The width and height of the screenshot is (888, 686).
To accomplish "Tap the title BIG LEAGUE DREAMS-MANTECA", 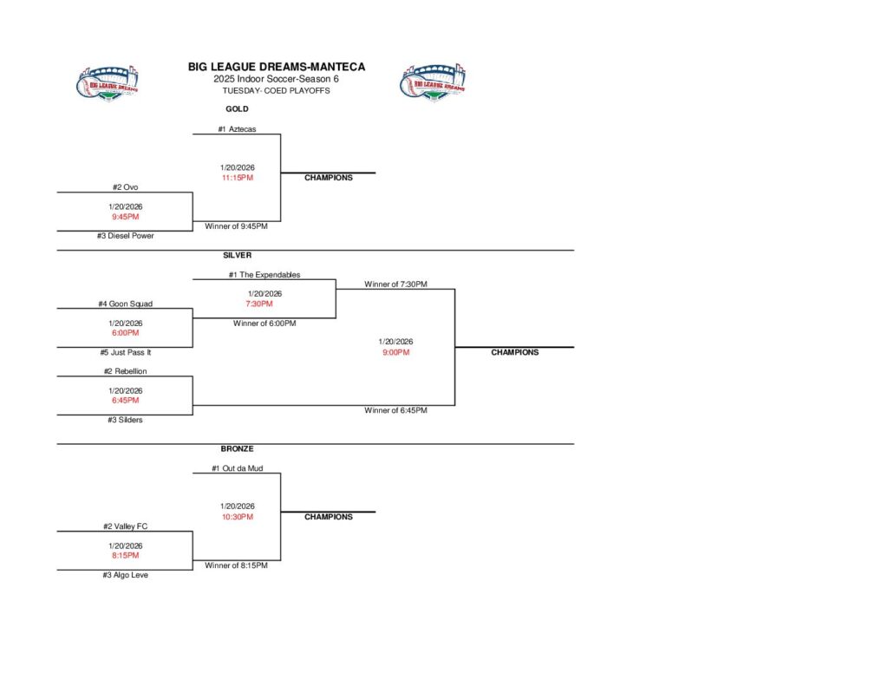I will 277,67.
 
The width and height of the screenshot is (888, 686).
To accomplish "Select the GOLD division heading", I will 237,109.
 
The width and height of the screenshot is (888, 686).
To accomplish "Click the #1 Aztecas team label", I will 237,129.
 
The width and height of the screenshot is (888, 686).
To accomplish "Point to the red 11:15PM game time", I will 237,178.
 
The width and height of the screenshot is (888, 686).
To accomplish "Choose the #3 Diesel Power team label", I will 126,236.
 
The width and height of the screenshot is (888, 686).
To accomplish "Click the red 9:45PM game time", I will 126,217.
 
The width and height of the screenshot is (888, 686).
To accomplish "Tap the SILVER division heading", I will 237,256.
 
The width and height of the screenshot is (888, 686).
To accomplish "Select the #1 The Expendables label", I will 264,275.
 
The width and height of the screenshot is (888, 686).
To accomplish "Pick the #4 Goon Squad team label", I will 126,304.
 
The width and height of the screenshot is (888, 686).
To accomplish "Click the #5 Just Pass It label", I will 126,353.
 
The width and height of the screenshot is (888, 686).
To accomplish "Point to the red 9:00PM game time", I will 395,352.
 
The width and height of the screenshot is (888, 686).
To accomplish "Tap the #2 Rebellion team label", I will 126,371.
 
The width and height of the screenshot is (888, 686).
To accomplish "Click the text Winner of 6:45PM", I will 395,410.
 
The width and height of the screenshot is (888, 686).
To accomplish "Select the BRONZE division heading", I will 237,449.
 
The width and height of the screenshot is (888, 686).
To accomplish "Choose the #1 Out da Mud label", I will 237,468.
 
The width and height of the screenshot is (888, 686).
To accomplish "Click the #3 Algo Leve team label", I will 126,575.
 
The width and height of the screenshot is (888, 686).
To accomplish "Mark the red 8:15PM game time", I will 126,555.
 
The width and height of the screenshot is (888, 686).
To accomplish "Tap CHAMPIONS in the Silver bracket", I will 514,352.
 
